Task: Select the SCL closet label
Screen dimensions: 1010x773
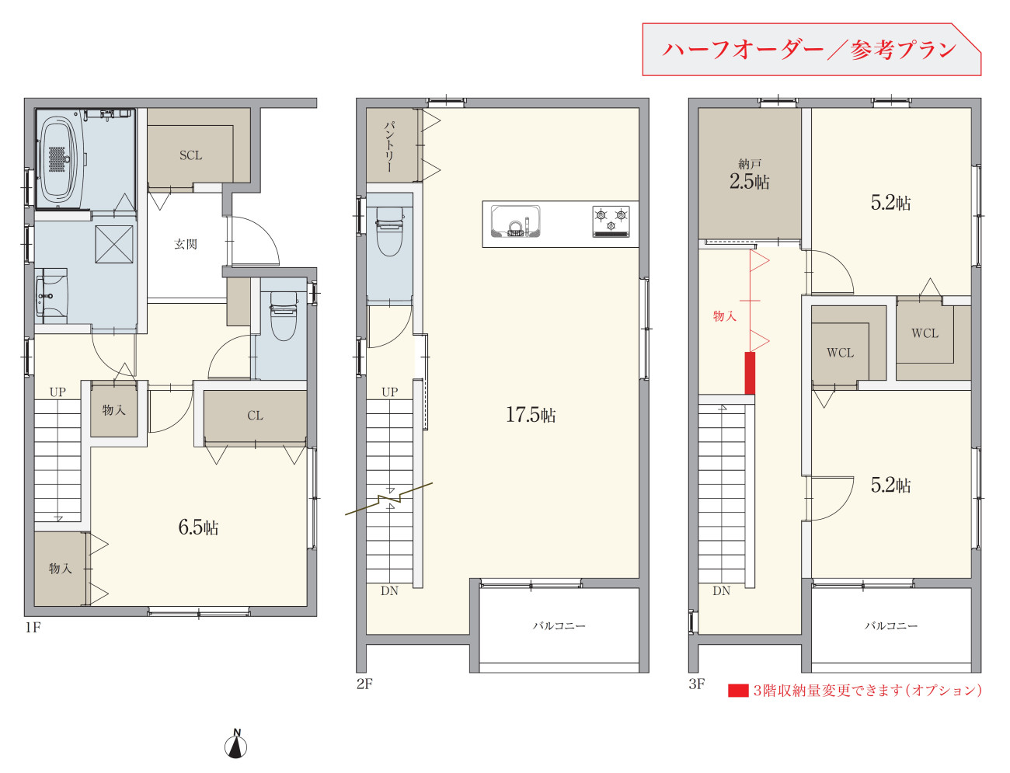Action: pos(190,155)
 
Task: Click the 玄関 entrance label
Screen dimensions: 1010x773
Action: pos(186,244)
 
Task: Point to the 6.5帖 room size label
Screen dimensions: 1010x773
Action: pos(198,528)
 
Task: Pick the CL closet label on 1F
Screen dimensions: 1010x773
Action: pos(256,416)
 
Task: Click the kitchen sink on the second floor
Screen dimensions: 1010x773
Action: pos(515,221)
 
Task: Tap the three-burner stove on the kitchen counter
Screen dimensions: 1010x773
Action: pos(611,221)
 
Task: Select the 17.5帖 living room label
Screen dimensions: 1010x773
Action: pos(531,415)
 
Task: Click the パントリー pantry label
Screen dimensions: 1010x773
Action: pos(389,147)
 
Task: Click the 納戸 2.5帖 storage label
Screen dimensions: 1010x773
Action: pos(750,175)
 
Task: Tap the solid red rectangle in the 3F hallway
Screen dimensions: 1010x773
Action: pos(750,373)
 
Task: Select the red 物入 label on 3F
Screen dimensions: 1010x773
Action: pos(725,315)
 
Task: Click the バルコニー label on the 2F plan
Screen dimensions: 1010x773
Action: pos(559,625)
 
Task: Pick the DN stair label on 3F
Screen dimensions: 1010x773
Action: pos(722,590)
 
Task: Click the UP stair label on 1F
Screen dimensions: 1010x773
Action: pos(57,392)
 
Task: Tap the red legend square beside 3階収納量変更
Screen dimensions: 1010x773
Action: pos(738,691)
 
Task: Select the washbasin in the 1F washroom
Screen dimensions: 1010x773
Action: pos(51,296)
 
